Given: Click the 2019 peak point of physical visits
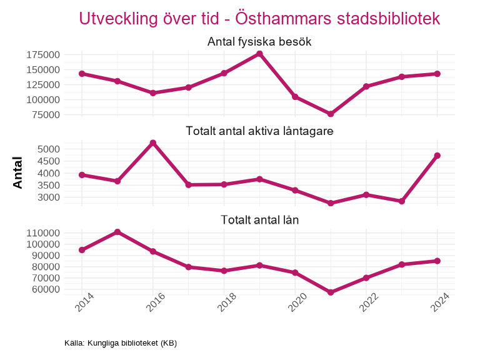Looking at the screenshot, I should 259,54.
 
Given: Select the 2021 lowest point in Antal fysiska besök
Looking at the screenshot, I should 331,114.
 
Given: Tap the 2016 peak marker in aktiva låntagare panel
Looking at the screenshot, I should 152,143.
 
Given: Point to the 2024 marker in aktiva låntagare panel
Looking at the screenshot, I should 437,156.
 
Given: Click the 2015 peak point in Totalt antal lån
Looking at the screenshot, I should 117,232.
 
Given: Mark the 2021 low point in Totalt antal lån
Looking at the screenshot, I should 331,292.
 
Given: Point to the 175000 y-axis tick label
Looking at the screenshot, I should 43,54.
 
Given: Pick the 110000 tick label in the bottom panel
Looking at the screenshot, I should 43,233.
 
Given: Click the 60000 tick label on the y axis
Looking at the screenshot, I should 46,289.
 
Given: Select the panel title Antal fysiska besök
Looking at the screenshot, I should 259,42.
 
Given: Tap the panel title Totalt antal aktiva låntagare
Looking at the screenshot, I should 259,131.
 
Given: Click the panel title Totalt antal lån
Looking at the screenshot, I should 259,220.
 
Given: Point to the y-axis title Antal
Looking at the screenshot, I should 17,173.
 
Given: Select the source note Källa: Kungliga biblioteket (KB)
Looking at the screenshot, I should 121,343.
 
